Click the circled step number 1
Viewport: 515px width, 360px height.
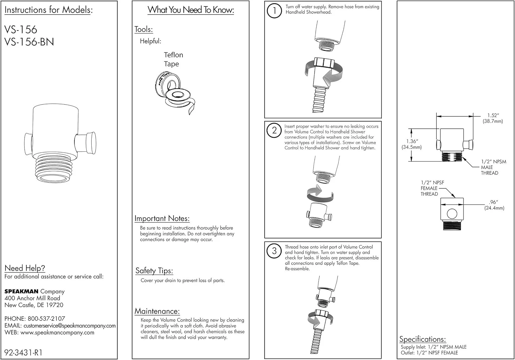[x=274, y=10]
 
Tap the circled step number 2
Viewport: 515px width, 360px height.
[x=274, y=130]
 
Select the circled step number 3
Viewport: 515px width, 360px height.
[x=274, y=251]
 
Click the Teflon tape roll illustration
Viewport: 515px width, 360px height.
[x=174, y=92]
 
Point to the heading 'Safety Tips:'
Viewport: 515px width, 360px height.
[x=154, y=271]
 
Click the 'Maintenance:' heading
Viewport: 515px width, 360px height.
[x=157, y=311]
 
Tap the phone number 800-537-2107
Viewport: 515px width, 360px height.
[x=46, y=318]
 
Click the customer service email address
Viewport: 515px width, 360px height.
[x=70, y=326]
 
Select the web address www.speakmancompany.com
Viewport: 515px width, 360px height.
[x=57, y=333]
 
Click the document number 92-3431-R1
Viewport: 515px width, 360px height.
[x=23, y=352]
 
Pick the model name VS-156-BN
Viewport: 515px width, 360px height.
[x=29, y=42]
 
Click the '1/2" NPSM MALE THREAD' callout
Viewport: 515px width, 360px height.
[x=493, y=167]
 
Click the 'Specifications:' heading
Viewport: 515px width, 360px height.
[x=422, y=339]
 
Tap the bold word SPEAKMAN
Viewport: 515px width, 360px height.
[x=21, y=291]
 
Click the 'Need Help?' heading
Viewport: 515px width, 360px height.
[x=25, y=268]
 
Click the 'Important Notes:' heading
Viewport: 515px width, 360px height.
[x=162, y=219]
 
